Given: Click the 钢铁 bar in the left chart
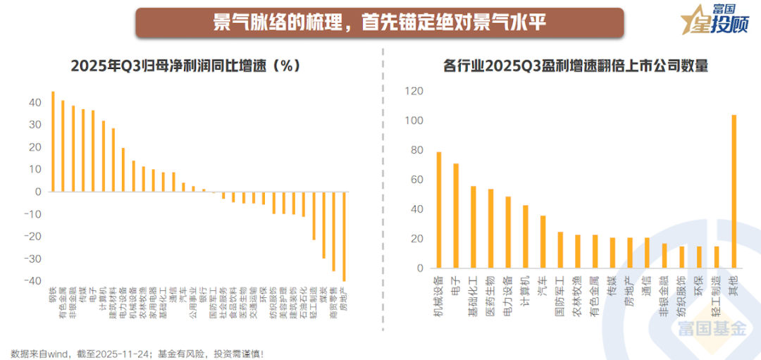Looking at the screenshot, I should [53, 142].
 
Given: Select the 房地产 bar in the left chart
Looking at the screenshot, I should [344, 236].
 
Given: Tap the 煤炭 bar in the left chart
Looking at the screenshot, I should [323, 225].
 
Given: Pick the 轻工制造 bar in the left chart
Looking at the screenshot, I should [314, 216].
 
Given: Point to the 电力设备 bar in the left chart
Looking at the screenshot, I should [123, 170].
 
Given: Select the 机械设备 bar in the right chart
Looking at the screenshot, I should [438, 210].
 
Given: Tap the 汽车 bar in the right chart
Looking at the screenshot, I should [543, 242].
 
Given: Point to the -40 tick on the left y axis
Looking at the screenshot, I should [32, 281].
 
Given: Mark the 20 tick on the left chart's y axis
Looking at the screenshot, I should [34, 147].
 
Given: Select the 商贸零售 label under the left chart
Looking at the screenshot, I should [333, 304].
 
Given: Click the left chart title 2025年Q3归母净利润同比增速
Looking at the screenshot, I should [185, 66].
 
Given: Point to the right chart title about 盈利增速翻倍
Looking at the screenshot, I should [575, 66].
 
